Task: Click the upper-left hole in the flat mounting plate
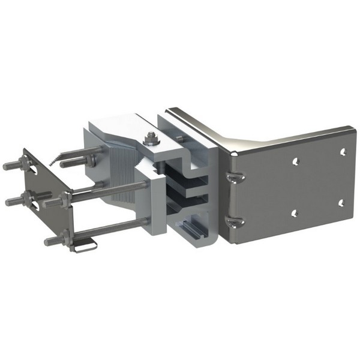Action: (x=295, y=161)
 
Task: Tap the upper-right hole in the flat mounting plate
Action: (x=343, y=152)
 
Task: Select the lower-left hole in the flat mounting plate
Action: (x=294, y=212)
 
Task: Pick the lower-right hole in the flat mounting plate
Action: (x=341, y=203)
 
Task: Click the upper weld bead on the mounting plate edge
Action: (x=235, y=176)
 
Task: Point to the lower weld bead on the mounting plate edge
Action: (x=233, y=222)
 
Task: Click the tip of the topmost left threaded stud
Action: (x=6, y=166)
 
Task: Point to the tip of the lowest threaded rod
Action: (x=47, y=242)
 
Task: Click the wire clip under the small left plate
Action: (x=84, y=247)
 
